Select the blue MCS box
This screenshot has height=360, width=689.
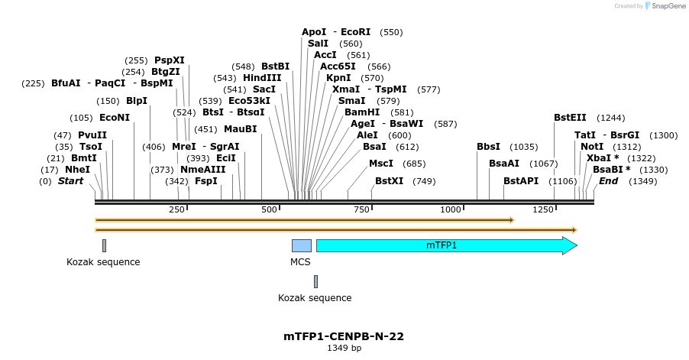click(302, 245)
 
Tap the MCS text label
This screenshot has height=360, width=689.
click(301, 261)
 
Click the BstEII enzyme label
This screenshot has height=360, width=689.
click(570, 117)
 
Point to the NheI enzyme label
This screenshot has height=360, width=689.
click(77, 169)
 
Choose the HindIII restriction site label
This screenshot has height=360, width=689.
click(262, 77)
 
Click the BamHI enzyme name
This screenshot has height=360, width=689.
click(362, 112)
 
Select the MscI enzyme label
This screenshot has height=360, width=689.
click(381, 163)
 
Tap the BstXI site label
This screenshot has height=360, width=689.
click(390, 181)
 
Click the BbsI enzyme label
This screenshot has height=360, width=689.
click(488, 146)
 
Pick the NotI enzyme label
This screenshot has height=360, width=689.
click(591, 146)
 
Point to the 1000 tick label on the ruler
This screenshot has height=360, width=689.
click(451, 209)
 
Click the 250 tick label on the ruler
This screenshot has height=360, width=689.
click(176, 209)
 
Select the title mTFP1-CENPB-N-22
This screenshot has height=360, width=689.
click(344, 336)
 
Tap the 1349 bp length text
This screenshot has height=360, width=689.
click(344, 348)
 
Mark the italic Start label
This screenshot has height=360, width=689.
click(71, 181)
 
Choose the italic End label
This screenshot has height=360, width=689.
click(608, 181)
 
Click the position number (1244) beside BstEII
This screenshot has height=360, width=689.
click(610, 117)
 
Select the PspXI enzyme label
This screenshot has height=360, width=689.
click(170, 60)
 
